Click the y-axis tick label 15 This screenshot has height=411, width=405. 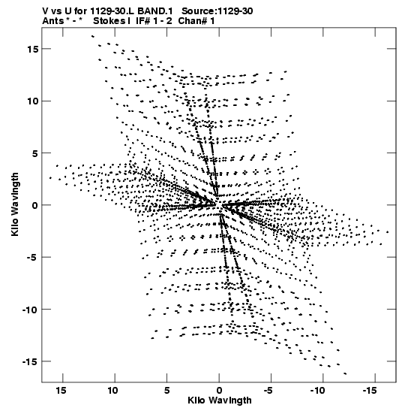click(32, 49)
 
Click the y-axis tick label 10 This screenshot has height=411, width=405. click(32, 101)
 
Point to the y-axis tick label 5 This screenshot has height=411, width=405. click(35, 153)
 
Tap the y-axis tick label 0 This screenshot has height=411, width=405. click(35, 206)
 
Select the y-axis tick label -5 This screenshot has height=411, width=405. click(32, 258)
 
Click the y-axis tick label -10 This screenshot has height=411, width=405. click(30, 310)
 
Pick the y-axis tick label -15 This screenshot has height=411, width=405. click(30, 361)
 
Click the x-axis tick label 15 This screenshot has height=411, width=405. click(61, 391)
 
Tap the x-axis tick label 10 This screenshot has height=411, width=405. click(112, 391)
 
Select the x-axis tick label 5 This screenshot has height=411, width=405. click(167, 391)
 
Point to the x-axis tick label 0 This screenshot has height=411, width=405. click(219, 391)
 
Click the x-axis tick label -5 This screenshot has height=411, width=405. click(268, 391)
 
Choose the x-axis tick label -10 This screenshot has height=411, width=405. click(318, 391)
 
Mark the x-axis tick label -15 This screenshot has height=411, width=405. click(370, 391)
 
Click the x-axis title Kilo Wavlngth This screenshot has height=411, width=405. click(220, 400)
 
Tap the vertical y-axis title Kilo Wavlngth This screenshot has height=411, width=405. click(16, 204)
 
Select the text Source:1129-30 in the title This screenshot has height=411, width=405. click(217, 11)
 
